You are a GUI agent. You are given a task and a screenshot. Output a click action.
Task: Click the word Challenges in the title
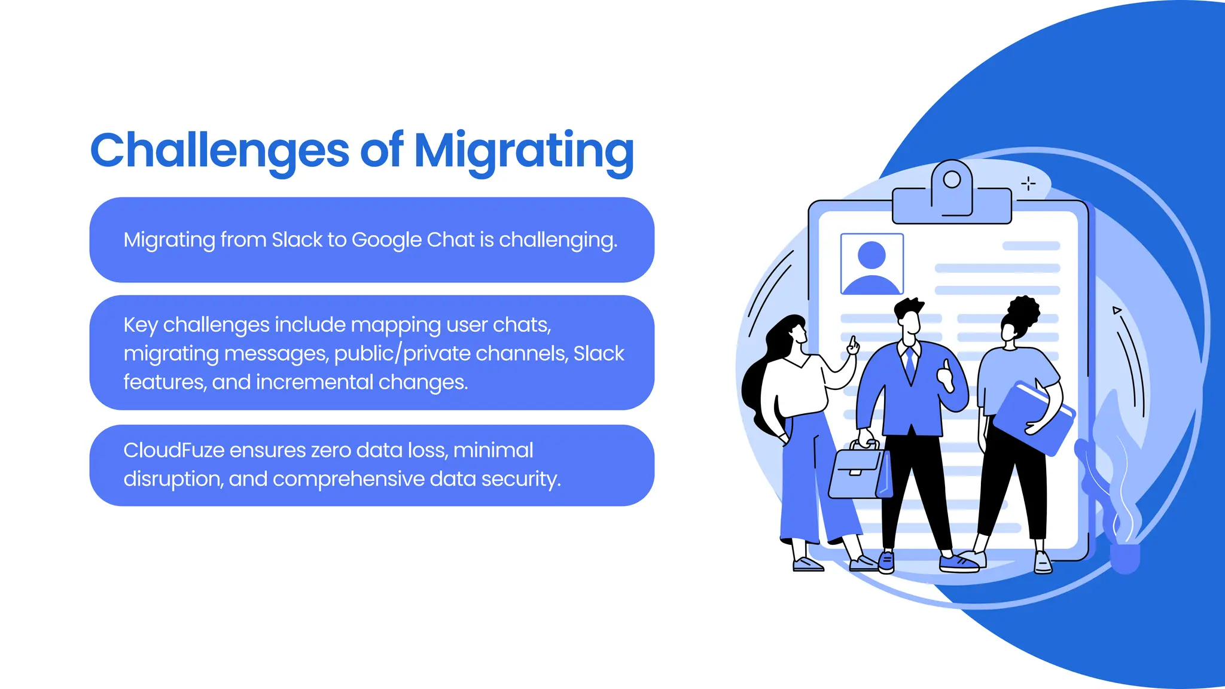tap(219, 150)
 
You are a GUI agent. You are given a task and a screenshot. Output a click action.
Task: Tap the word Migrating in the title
tap(523, 151)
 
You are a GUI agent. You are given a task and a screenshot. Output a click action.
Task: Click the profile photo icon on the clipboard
tap(871, 264)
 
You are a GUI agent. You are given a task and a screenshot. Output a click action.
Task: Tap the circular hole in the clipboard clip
tap(952, 179)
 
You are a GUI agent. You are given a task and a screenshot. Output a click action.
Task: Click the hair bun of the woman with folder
tap(1024, 311)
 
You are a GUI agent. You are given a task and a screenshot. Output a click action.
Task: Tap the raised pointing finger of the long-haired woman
tap(853, 344)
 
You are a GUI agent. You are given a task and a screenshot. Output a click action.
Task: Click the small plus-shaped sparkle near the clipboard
tap(1028, 184)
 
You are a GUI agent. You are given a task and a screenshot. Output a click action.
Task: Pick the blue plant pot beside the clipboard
tap(1125, 557)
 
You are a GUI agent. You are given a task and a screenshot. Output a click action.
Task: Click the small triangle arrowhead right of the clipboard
tap(1116, 310)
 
